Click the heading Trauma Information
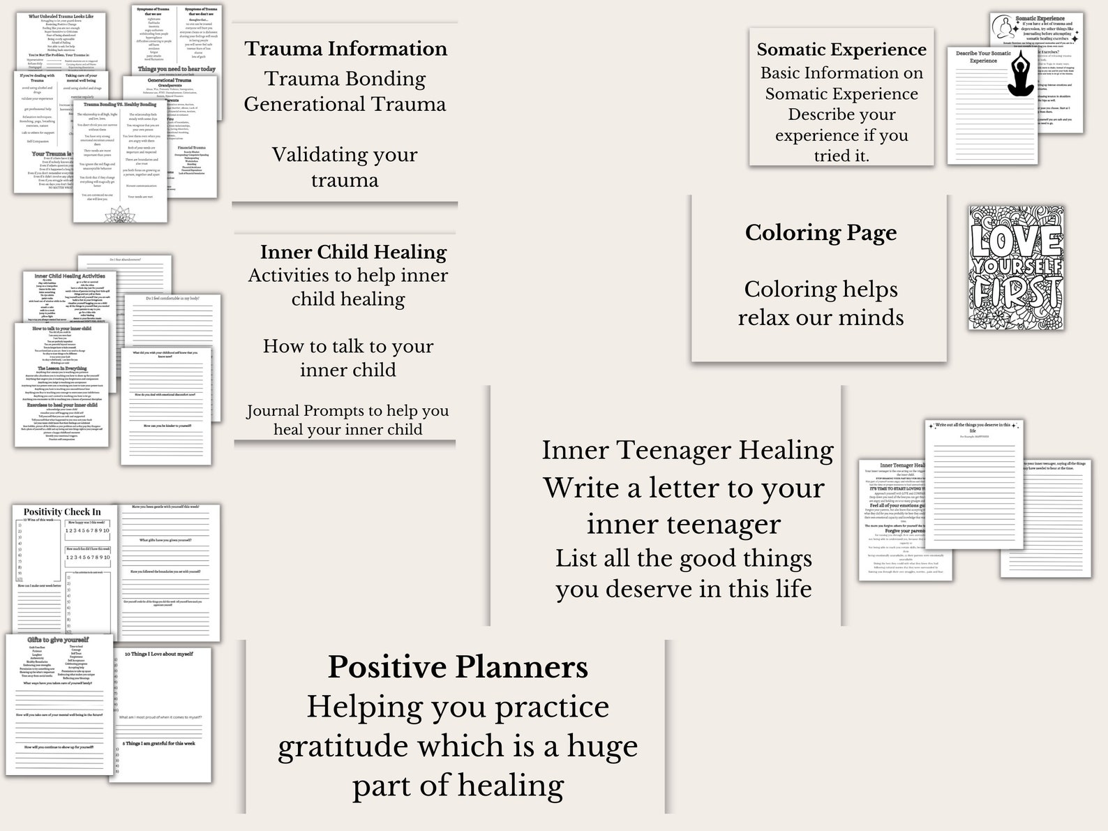coord(345,49)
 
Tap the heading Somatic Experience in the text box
coord(841,50)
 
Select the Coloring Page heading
coord(821,232)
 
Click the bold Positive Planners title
coord(458,667)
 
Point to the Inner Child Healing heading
coord(353,252)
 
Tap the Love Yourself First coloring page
coord(1015,267)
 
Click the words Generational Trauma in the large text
coord(345,105)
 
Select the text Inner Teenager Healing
coord(687,450)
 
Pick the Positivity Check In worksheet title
coord(62,511)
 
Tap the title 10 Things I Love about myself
coord(158,654)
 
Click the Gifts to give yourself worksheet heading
coord(58,639)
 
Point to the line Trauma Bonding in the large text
coord(345,79)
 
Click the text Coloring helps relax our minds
coord(821,303)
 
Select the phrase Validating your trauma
coord(345,167)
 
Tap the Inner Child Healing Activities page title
coord(70,276)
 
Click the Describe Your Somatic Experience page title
coord(983,57)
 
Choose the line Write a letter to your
coord(684,488)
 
